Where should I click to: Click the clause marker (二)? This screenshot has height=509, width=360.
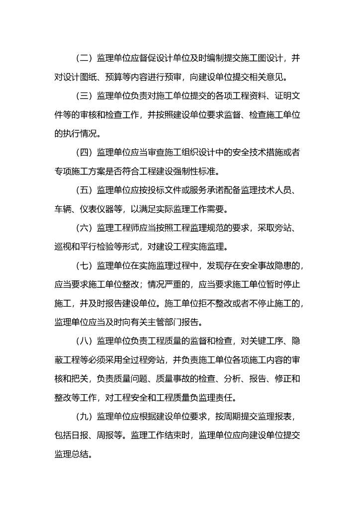coord(85,59)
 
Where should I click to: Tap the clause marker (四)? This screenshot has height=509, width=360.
coord(85,152)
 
